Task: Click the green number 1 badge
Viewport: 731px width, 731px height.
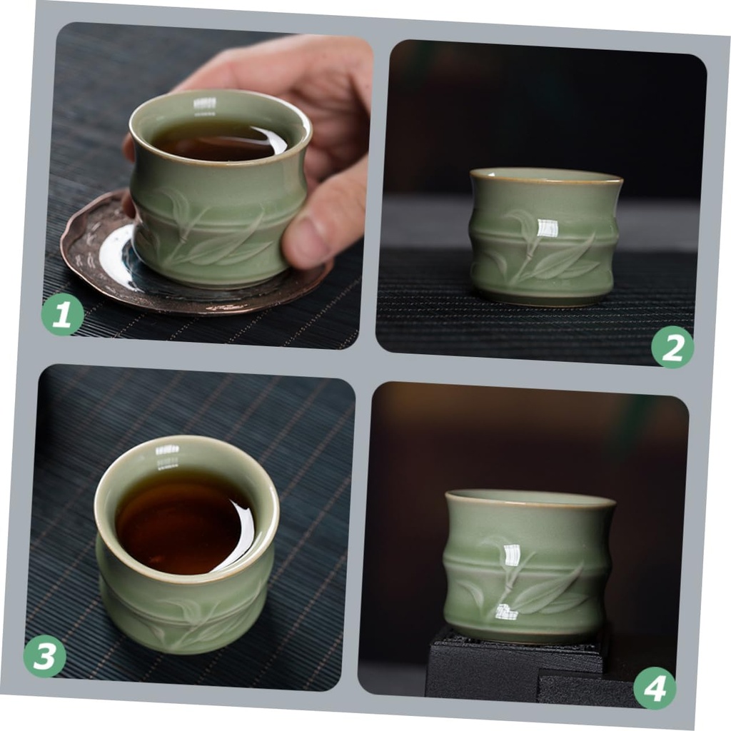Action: [x=62, y=314]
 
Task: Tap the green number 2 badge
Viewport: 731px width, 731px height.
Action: [x=672, y=347]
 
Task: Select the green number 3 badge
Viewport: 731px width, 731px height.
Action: [x=44, y=656]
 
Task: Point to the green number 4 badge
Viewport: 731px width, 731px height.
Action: [x=655, y=687]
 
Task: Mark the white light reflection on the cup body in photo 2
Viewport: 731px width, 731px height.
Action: [x=547, y=228]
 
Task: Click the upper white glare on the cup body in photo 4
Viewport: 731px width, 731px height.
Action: [x=512, y=557]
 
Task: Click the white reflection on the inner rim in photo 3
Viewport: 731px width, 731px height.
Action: [x=167, y=450]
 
